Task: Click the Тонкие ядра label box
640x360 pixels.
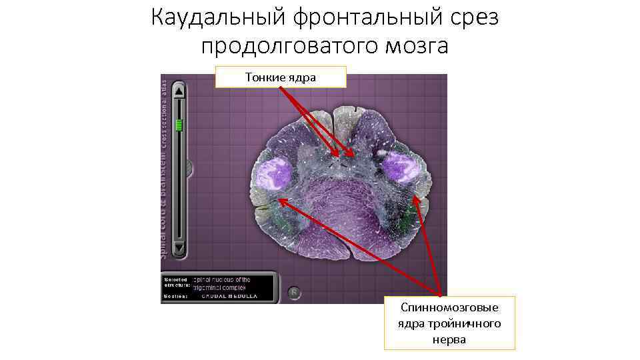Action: pyautogui.click(x=281, y=77)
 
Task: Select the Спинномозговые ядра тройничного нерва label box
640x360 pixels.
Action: pyautogui.click(x=449, y=323)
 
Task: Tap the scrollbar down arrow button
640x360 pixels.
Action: pyautogui.click(x=179, y=249)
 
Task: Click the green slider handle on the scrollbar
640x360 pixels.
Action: pyautogui.click(x=179, y=125)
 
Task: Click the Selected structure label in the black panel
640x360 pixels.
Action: pyautogui.click(x=175, y=282)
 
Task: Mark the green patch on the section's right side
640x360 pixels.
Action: pyautogui.click(x=408, y=213)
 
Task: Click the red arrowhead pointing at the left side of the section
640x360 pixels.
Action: pyautogui.click(x=281, y=200)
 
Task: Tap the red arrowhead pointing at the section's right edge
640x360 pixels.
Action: pyautogui.click(x=417, y=199)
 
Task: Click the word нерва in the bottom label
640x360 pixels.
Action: pyautogui.click(x=449, y=339)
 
